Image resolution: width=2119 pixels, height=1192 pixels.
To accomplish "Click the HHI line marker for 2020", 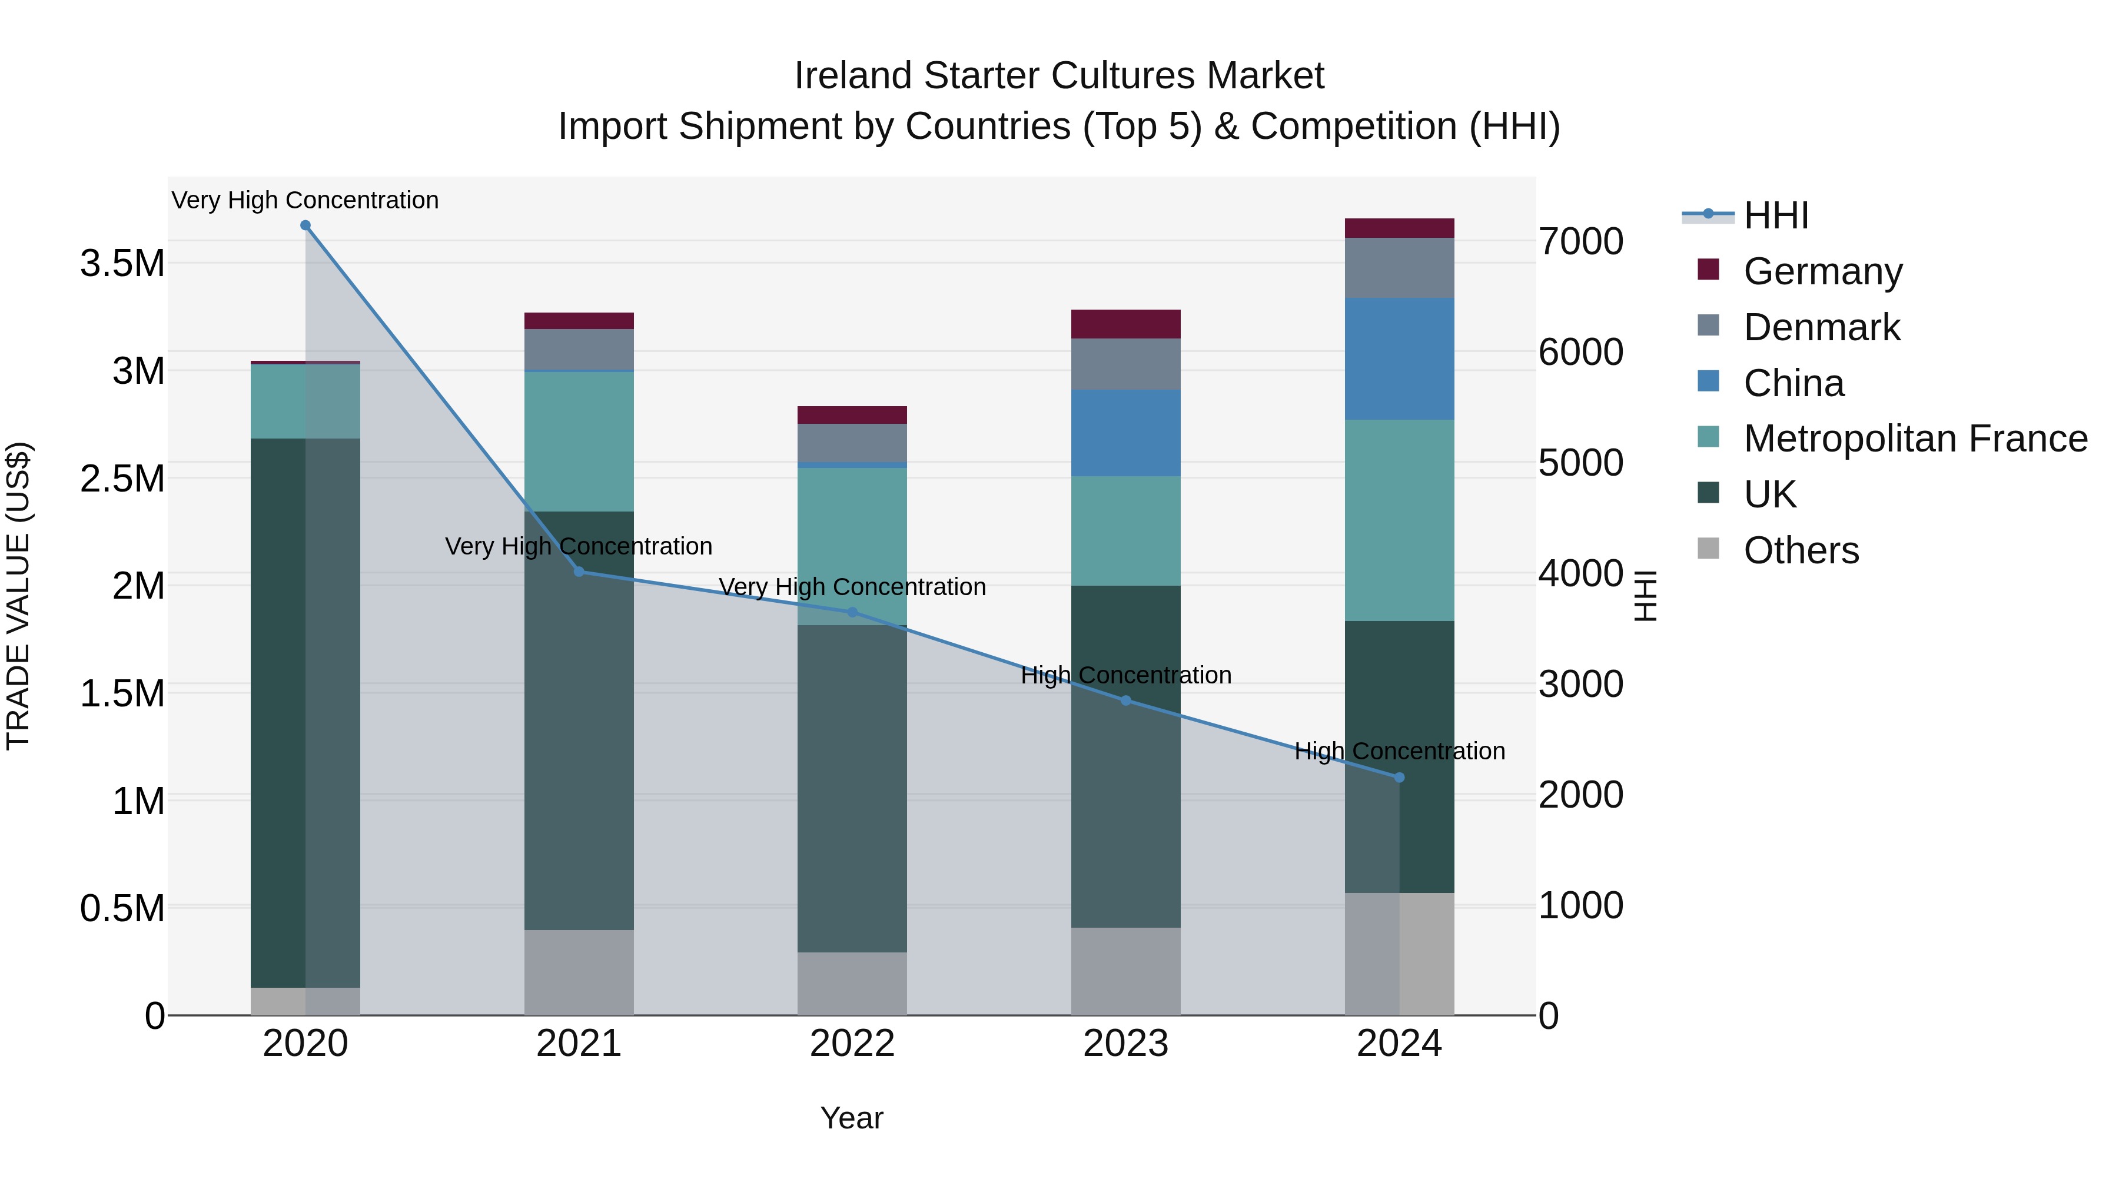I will (305, 225).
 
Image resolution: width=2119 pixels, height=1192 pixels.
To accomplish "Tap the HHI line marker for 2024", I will (1399, 778).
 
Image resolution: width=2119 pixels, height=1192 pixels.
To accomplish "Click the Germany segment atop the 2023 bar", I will (1125, 324).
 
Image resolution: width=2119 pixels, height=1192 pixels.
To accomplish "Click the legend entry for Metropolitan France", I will (1915, 439).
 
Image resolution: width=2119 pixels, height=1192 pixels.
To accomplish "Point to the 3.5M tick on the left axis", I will (122, 264).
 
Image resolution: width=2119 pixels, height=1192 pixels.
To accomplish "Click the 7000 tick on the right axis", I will (1580, 242).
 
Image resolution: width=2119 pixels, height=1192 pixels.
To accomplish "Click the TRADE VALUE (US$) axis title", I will (18, 596).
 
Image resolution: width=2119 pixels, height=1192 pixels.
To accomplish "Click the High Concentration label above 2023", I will (1125, 675).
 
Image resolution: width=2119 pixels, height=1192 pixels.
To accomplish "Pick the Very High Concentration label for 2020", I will (305, 201).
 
